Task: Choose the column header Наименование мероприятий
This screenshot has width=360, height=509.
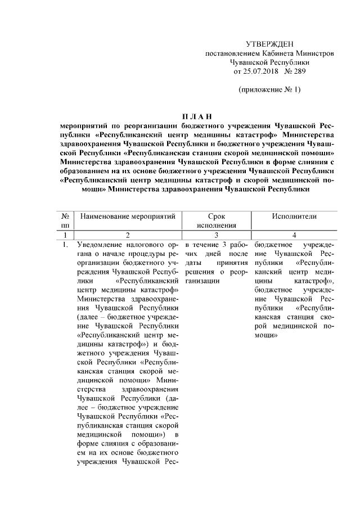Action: (x=128, y=217)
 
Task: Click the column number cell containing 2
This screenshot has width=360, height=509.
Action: (x=128, y=235)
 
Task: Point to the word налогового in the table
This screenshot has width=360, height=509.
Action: (x=151, y=245)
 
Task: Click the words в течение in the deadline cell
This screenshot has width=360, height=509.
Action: (x=201, y=245)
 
